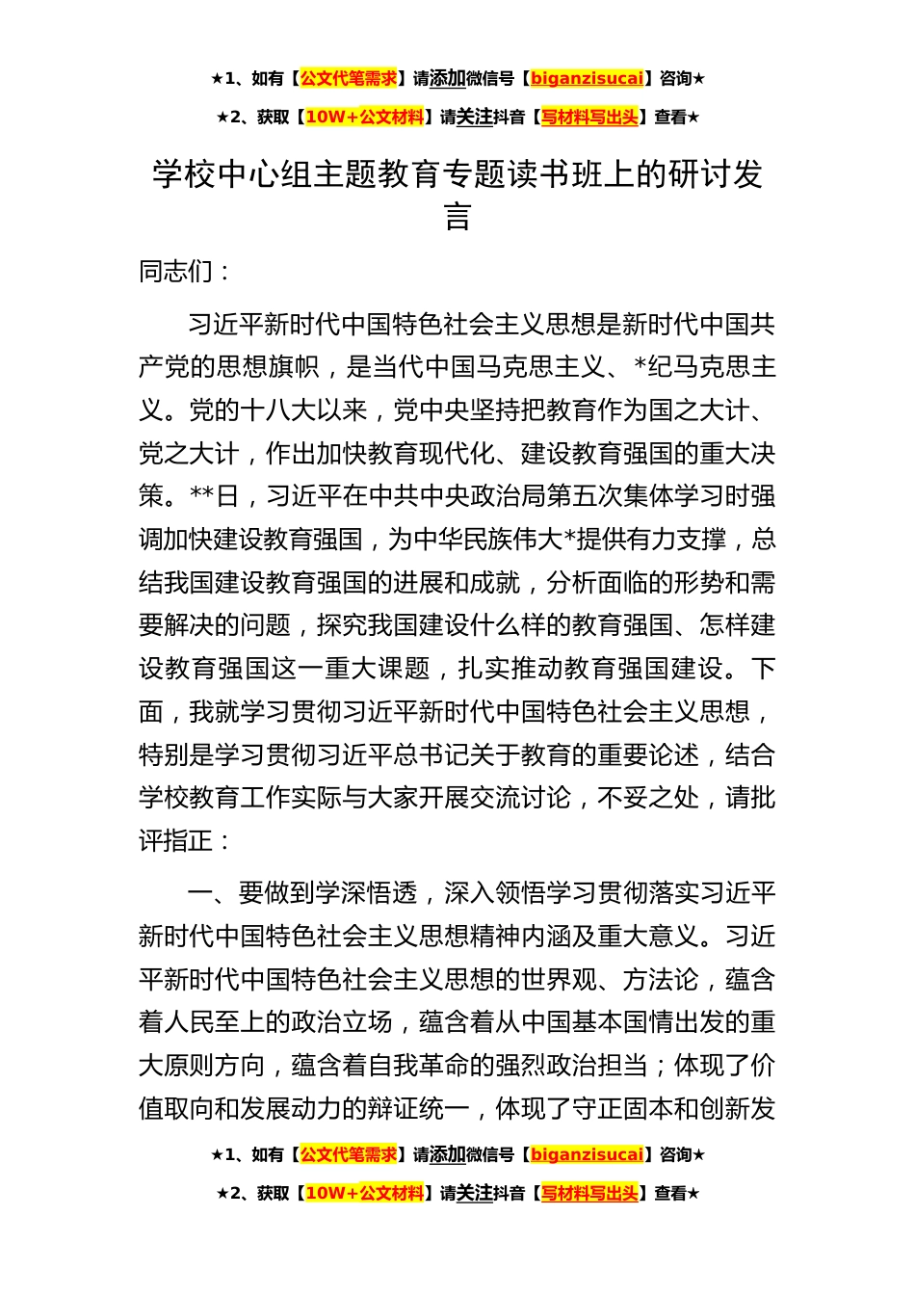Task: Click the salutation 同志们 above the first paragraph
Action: pos(175,272)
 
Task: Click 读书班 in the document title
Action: pos(581,174)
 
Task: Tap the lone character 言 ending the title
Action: pos(457,217)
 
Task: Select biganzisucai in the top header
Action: pos(587,79)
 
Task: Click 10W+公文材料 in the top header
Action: pos(364,118)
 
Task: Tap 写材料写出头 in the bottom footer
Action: pos(589,1194)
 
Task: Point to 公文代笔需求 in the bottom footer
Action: pos(349,1154)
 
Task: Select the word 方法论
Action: pos(661,980)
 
